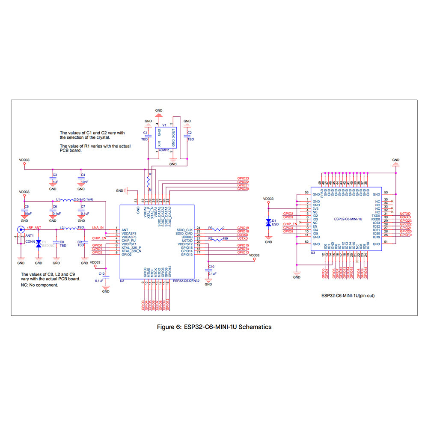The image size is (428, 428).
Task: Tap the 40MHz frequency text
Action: click(163, 150)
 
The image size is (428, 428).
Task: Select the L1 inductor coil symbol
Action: click(66, 200)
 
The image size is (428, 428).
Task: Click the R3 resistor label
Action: click(210, 228)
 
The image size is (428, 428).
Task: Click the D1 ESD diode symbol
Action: click(268, 223)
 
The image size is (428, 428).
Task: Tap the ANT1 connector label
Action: click(30, 235)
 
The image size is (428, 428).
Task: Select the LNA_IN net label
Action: click(98, 227)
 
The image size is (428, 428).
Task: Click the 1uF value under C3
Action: click(54, 181)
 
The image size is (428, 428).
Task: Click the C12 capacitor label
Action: click(101, 273)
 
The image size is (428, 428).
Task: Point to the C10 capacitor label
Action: click(211, 267)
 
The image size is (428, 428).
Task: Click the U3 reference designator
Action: click(313, 253)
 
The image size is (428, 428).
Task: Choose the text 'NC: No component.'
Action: click(39, 285)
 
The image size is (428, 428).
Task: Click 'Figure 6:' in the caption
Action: click(169, 327)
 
